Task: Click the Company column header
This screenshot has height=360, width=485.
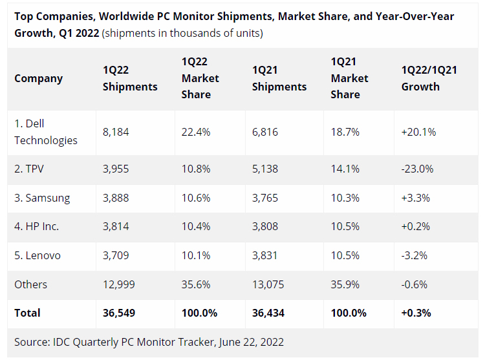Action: tap(39, 78)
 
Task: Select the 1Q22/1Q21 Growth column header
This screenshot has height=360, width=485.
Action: tap(429, 78)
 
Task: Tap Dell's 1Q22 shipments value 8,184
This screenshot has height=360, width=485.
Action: tap(116, 132)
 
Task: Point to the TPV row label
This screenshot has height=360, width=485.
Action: tap(30, 169)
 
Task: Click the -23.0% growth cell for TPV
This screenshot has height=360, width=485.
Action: tap(417, 169)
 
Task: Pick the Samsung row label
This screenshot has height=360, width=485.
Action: tap(42, 198)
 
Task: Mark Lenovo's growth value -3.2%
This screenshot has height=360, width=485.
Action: tap(415, 255)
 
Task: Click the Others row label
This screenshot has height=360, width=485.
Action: tap(31, 284)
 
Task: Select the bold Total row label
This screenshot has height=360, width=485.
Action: tap(27, 313)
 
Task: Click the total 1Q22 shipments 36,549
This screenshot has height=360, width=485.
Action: tap(120, 313)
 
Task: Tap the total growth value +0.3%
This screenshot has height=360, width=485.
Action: tap(416, 313)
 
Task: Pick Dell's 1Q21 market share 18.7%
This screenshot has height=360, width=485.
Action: tap(345, 132)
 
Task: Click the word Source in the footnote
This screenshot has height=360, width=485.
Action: tap(31, 342)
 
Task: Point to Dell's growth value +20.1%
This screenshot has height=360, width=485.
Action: tap(418, 132)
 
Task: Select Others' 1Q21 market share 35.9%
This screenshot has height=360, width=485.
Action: tap(345, 284)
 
